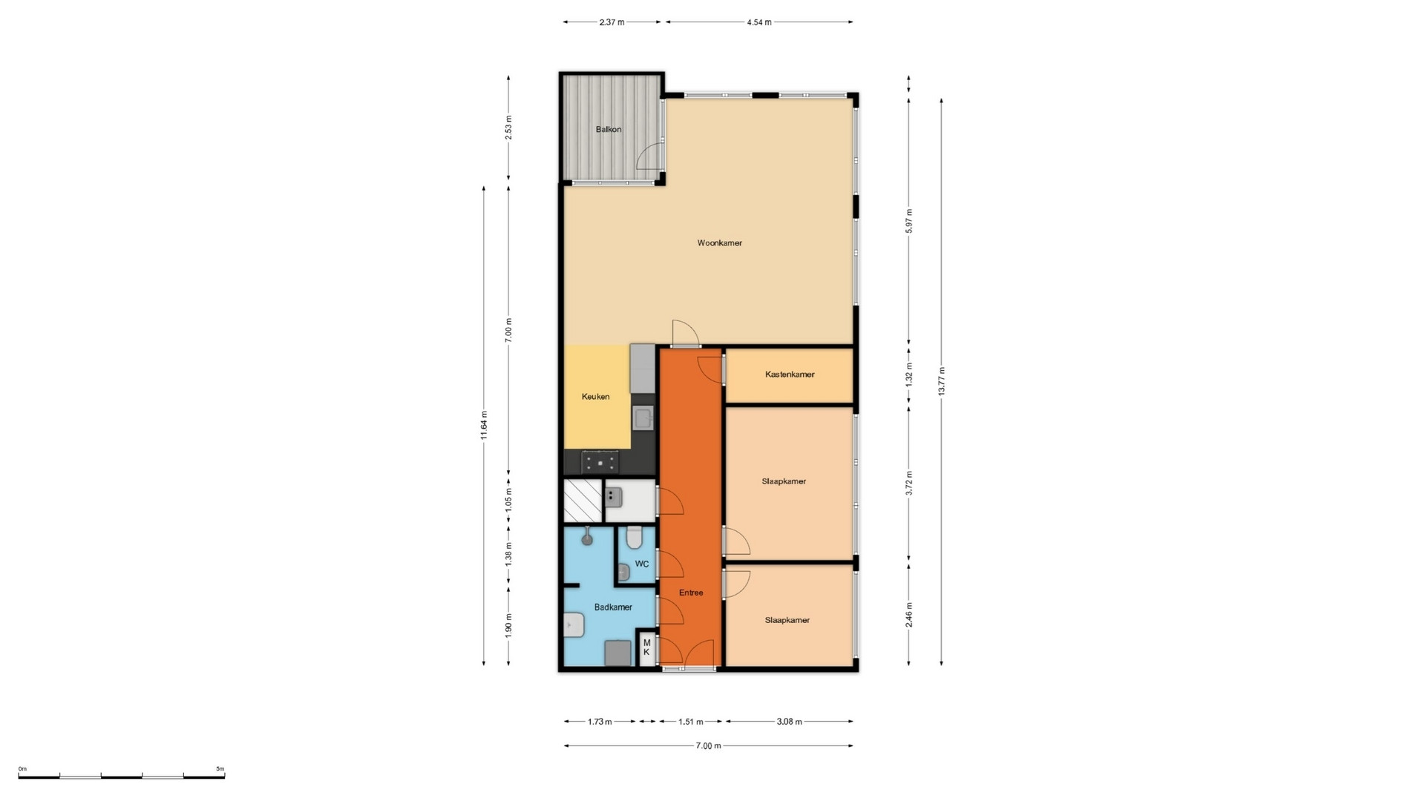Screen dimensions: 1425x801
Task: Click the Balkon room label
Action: point(609,129)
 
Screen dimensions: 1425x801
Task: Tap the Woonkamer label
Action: point(719,243)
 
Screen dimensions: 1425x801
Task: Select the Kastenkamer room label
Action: point(790,375)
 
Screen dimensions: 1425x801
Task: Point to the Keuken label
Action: point(595,397)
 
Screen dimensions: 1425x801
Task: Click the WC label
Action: point(642,564)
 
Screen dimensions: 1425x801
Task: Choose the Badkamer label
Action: point(613,607)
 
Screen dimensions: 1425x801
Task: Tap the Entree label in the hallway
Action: point(691,593)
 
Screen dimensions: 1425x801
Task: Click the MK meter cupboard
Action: point(646,647)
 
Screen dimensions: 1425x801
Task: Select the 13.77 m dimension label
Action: point(942,381)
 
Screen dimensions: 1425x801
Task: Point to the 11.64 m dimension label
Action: point(484,425)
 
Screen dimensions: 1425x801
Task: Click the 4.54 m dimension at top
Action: point(759,22)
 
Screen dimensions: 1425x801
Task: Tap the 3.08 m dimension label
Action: point(789,722)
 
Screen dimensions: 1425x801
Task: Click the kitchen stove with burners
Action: point(600,462)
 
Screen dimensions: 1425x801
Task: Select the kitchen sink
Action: point(643,418)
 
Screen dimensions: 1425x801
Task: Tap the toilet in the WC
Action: point(634,537)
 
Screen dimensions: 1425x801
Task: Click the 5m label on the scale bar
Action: point(220,769)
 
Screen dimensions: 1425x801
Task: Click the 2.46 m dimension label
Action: point(909,615)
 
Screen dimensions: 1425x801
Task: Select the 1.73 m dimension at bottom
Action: point(600,722)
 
